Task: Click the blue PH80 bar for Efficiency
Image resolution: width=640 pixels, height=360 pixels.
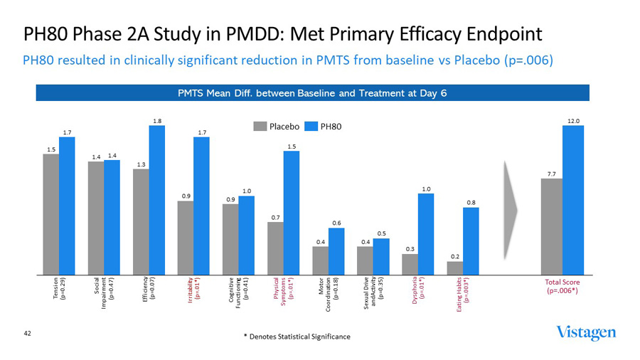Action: [x=156, y=199]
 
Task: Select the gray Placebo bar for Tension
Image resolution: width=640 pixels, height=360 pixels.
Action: [x=51, y=213]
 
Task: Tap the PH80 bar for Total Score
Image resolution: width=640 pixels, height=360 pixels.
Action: [x=572, y=199]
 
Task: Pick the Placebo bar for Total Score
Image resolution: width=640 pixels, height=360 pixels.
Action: [x=551, y=226]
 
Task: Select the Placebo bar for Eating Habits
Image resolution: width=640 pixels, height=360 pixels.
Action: [x=454, y=268]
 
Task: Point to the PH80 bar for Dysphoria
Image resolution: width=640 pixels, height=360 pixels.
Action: [x=425, y=233]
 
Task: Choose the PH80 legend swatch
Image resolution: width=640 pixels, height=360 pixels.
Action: [x=310, y=127]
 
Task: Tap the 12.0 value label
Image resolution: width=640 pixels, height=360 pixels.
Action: [x=573, y=121]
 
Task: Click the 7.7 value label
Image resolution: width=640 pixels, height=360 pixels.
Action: [x=551, y=174]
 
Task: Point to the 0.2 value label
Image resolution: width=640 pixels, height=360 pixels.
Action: [x=454, y=256]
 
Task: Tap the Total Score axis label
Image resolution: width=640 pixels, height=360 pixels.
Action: [x=561, y=286]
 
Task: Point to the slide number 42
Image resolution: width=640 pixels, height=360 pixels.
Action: [x=28, y=332]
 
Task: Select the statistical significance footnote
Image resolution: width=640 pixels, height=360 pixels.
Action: [x=297, y=336]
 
